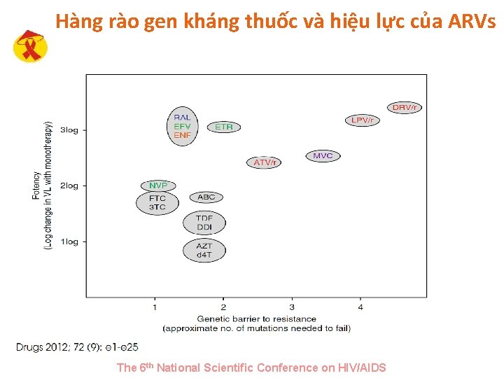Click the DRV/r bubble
(x=405, y=107)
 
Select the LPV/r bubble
(x=362, y=120)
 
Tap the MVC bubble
(x=323, y=155)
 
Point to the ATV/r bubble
(x=264, y=162)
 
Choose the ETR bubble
(x=224, y=127)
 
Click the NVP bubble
(x=157, y=185)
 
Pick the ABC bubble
(x=206, y=197)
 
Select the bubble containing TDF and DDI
(x=204, y=223)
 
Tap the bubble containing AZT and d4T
(x=204, y=250)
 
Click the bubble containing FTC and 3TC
(x=157, y=203)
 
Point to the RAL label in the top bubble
(x=182, y=118)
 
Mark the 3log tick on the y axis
(x=69, y=129)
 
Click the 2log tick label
(x=69, y=185)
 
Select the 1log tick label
(x=69, y=241)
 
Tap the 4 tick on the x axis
(x=360, y=307)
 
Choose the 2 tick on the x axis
(x=223, y=307)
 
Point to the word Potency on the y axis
(x=36, y=185)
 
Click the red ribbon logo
(x=31, y=47)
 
